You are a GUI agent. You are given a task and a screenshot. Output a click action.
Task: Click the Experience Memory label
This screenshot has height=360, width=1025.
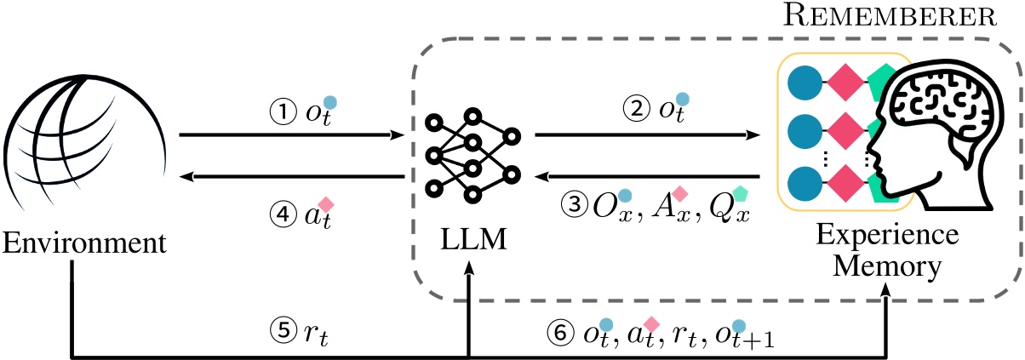pyautogui.click(x=886, y=251)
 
